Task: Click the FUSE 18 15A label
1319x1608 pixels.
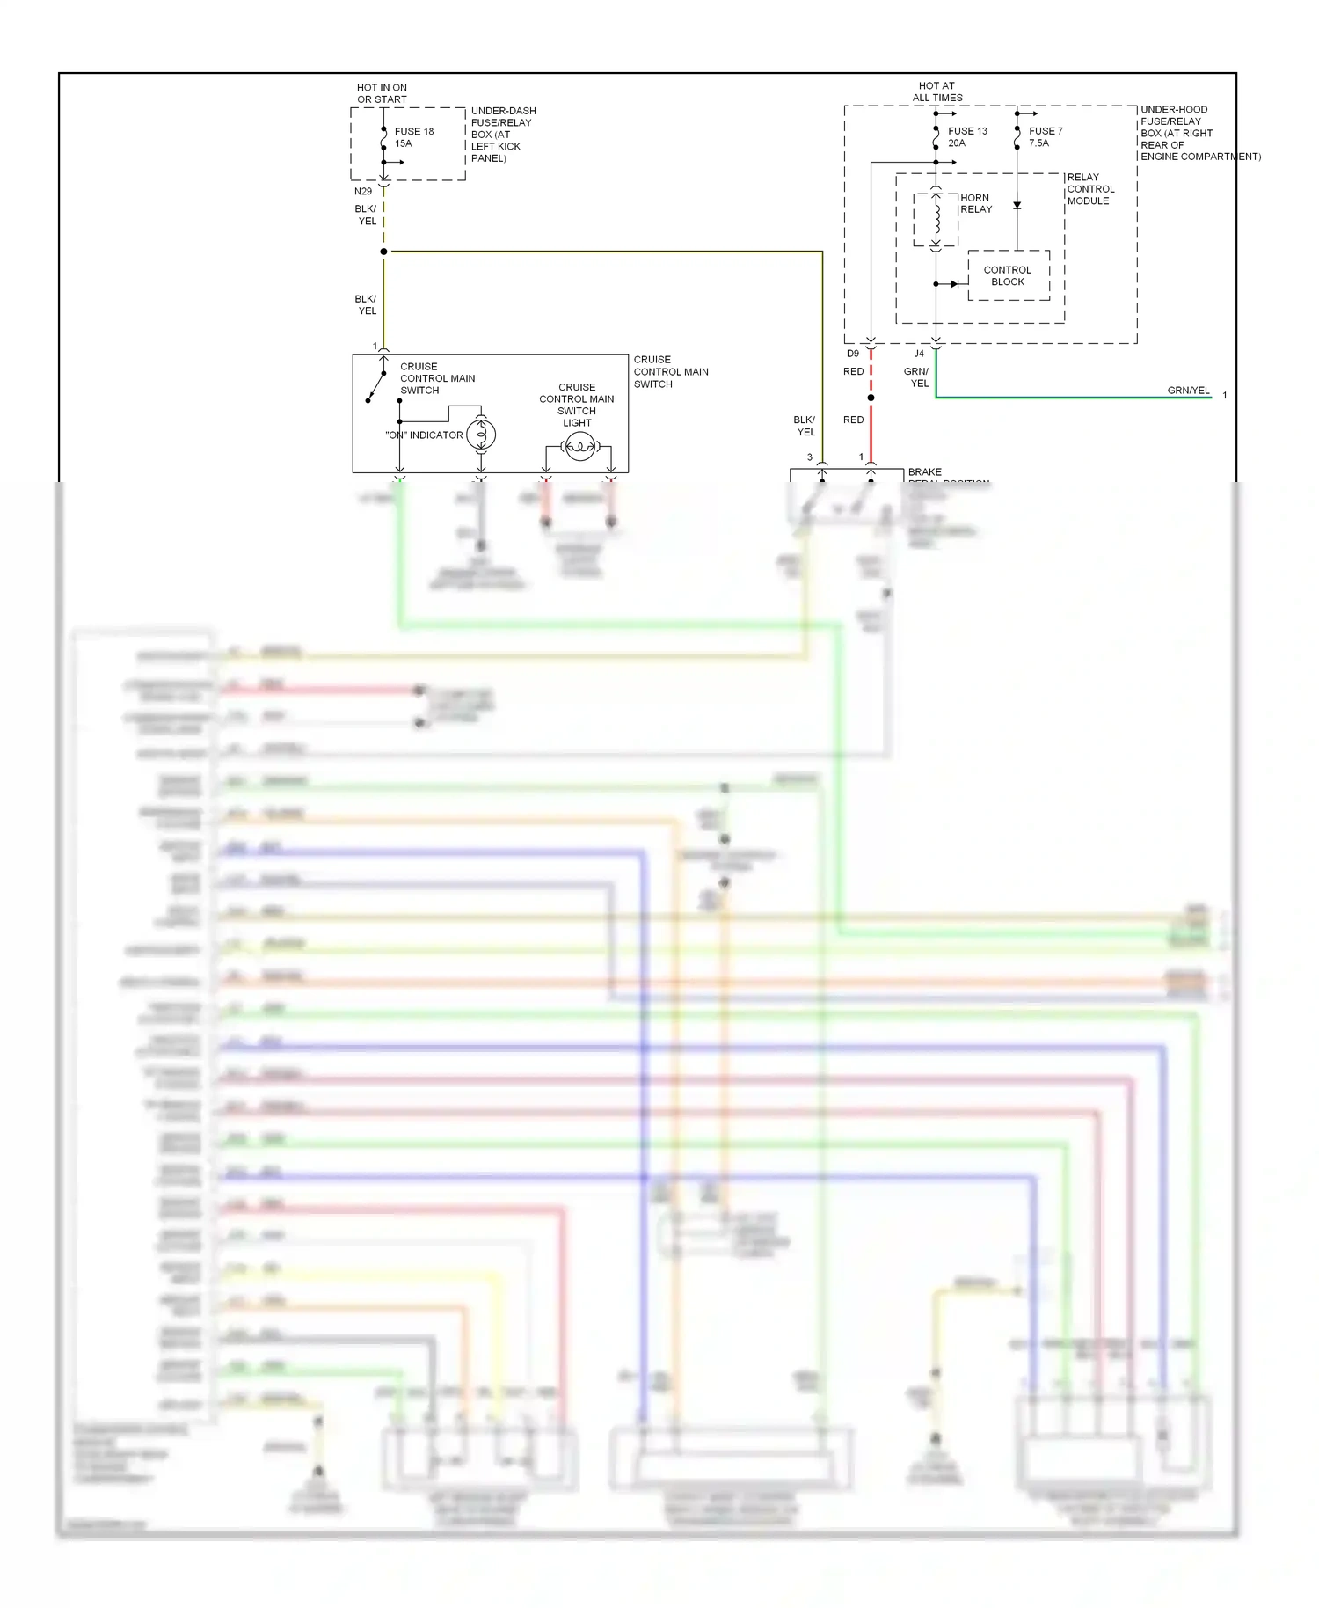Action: pyautogui.click(x=413, y=137)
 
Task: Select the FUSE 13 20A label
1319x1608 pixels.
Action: pyautogui.click(x=966, y=136)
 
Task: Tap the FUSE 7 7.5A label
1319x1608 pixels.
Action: pyautogui.click(x=1045, y=136)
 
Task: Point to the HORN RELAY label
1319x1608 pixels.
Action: pyautogui.click(x=975, y=203)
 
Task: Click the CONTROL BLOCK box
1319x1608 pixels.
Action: pyautogui.click(x=1008, y=275)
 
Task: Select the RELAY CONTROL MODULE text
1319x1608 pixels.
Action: pyautogui.click(x=1090, y=189)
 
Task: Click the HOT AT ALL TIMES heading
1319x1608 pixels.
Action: pyautogui.click(x=937, y=91)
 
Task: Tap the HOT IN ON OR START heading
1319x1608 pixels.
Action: pyautogui.click(x=382, y=93)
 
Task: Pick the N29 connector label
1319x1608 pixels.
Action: pyautogui.click(x=363, y=191)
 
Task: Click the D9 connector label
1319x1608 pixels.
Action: pyautogui.click(x=853, y=354)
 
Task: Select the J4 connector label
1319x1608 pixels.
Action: pyautogui.click(x=919, y=354)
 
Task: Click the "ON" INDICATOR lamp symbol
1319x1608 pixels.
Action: pyautogui.click(x=481, y=435)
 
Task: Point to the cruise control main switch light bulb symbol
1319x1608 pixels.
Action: pyautogui.click(x=579, y=448)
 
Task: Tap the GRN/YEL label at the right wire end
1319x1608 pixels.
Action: pyautogui.click(x=1188, y=391)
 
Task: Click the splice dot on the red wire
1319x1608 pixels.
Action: pyautogui.click(x=871, y=398)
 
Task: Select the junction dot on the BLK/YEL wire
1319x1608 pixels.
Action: pyautogui.click(x=383, y=252)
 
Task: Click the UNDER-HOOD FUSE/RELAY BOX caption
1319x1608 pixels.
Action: pyautogui.click(x=1199, y=133)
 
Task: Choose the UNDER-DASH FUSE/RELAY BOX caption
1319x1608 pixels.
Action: pyautogui.click(x=502, y=135)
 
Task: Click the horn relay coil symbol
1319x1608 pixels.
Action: pyautogui.click(x=936, y=218)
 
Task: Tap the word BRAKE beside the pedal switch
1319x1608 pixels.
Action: pyautogui.click(x=924, y=472)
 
